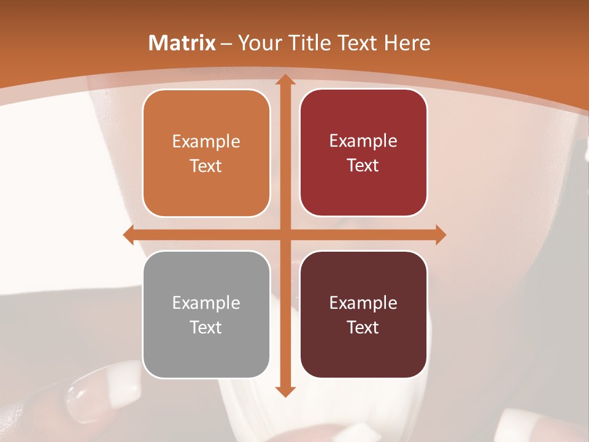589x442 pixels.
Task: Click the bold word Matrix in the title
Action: tap(182, 43)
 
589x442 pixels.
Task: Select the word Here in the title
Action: tap(407, 43)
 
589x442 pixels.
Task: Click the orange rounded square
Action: tap(206, 153)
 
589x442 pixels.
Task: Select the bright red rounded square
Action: tap(363, 153)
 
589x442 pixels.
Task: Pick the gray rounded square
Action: tap(206, 314)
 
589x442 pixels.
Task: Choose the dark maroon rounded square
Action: tap(363, 314)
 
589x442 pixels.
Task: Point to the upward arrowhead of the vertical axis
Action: tap(285, 80)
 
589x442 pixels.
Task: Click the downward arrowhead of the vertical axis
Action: tap(285, 391)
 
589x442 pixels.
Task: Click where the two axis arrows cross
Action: tap(285, 235)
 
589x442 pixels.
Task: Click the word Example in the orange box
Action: tap(206, 142)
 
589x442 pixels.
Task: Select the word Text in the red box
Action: tap(363, 165)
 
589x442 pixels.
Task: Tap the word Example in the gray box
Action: tap(206, 303)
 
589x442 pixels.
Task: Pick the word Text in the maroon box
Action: tap(363, 327)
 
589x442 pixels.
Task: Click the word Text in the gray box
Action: tap(206, 327)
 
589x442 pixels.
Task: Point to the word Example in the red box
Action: tap(363, 141)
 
